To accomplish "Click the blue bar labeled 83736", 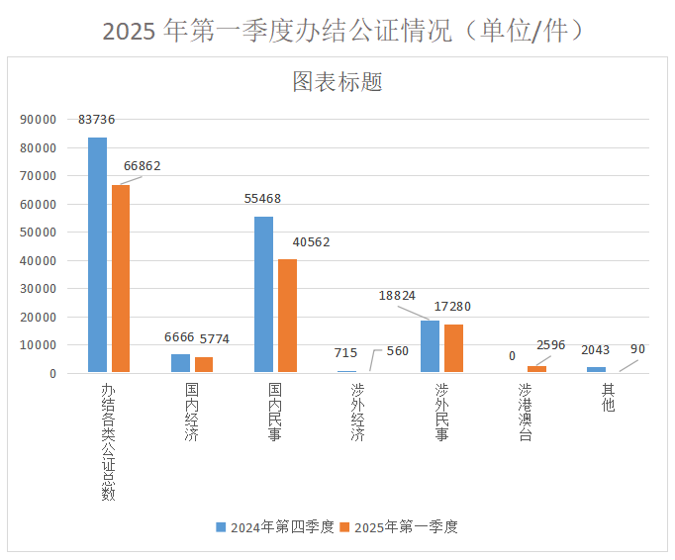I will pyautogui.click(x=97, y=255).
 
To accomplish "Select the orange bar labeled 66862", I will pyautogui.click(x=121, y=279).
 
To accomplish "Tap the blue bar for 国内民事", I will pyautogui.click(x=263, y=295).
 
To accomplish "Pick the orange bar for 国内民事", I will pyautogui.click(x=287, y=316).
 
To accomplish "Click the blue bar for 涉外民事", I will pyautogui.click(x=430, y=346).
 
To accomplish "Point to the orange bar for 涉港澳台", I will pyautogui.click(x=536, y=369).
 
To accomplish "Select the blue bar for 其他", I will pyautogui.click(x=596, y=370).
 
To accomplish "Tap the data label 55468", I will pyautogui.click(x=262, y=199).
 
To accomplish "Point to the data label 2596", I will pyautogui.click(x=550, y=345).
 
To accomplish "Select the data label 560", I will pyautogui.click(x=397, y=351).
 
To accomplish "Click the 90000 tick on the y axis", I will pyautogui.click(x=38, y=120).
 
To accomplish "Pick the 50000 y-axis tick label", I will pyautogui.click(x=38, y=233).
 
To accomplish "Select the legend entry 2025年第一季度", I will pyautogui.click(x=398, y=527).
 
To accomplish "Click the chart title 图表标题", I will pyautogui.click(x=337, y=82).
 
